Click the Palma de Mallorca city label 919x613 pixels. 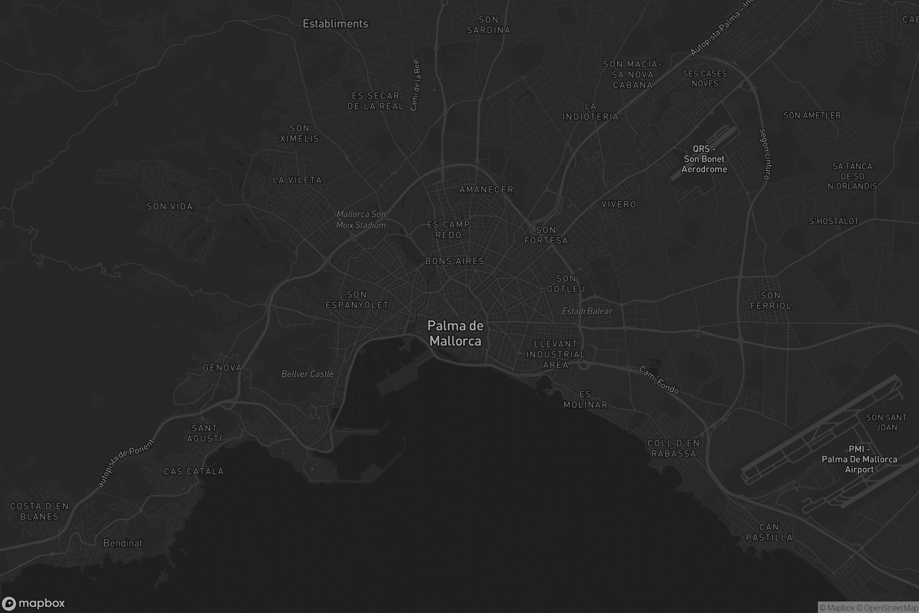[455, 333]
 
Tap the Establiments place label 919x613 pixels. [335, 24]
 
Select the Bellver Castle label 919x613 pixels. [307, 374]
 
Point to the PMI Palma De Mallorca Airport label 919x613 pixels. [859, 459]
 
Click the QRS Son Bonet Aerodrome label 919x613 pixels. [704, 159]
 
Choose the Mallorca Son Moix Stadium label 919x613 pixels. [361, 219]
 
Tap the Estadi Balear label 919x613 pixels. [587, 311]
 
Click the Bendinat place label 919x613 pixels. [123, 543]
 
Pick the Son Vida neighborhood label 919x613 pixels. [170, 207]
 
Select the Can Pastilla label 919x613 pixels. [769, 533]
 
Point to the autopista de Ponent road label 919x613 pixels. [126, 464]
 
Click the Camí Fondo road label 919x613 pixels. [659, 380]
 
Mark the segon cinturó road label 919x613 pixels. [765, 154]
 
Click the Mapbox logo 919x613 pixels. [33, 603]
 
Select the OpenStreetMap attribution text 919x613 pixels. [887, 608]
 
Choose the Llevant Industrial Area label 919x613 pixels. [555, 355]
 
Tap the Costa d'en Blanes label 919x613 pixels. [39, 511]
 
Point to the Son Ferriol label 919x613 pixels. [770, 301]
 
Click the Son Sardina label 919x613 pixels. [489, 25]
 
